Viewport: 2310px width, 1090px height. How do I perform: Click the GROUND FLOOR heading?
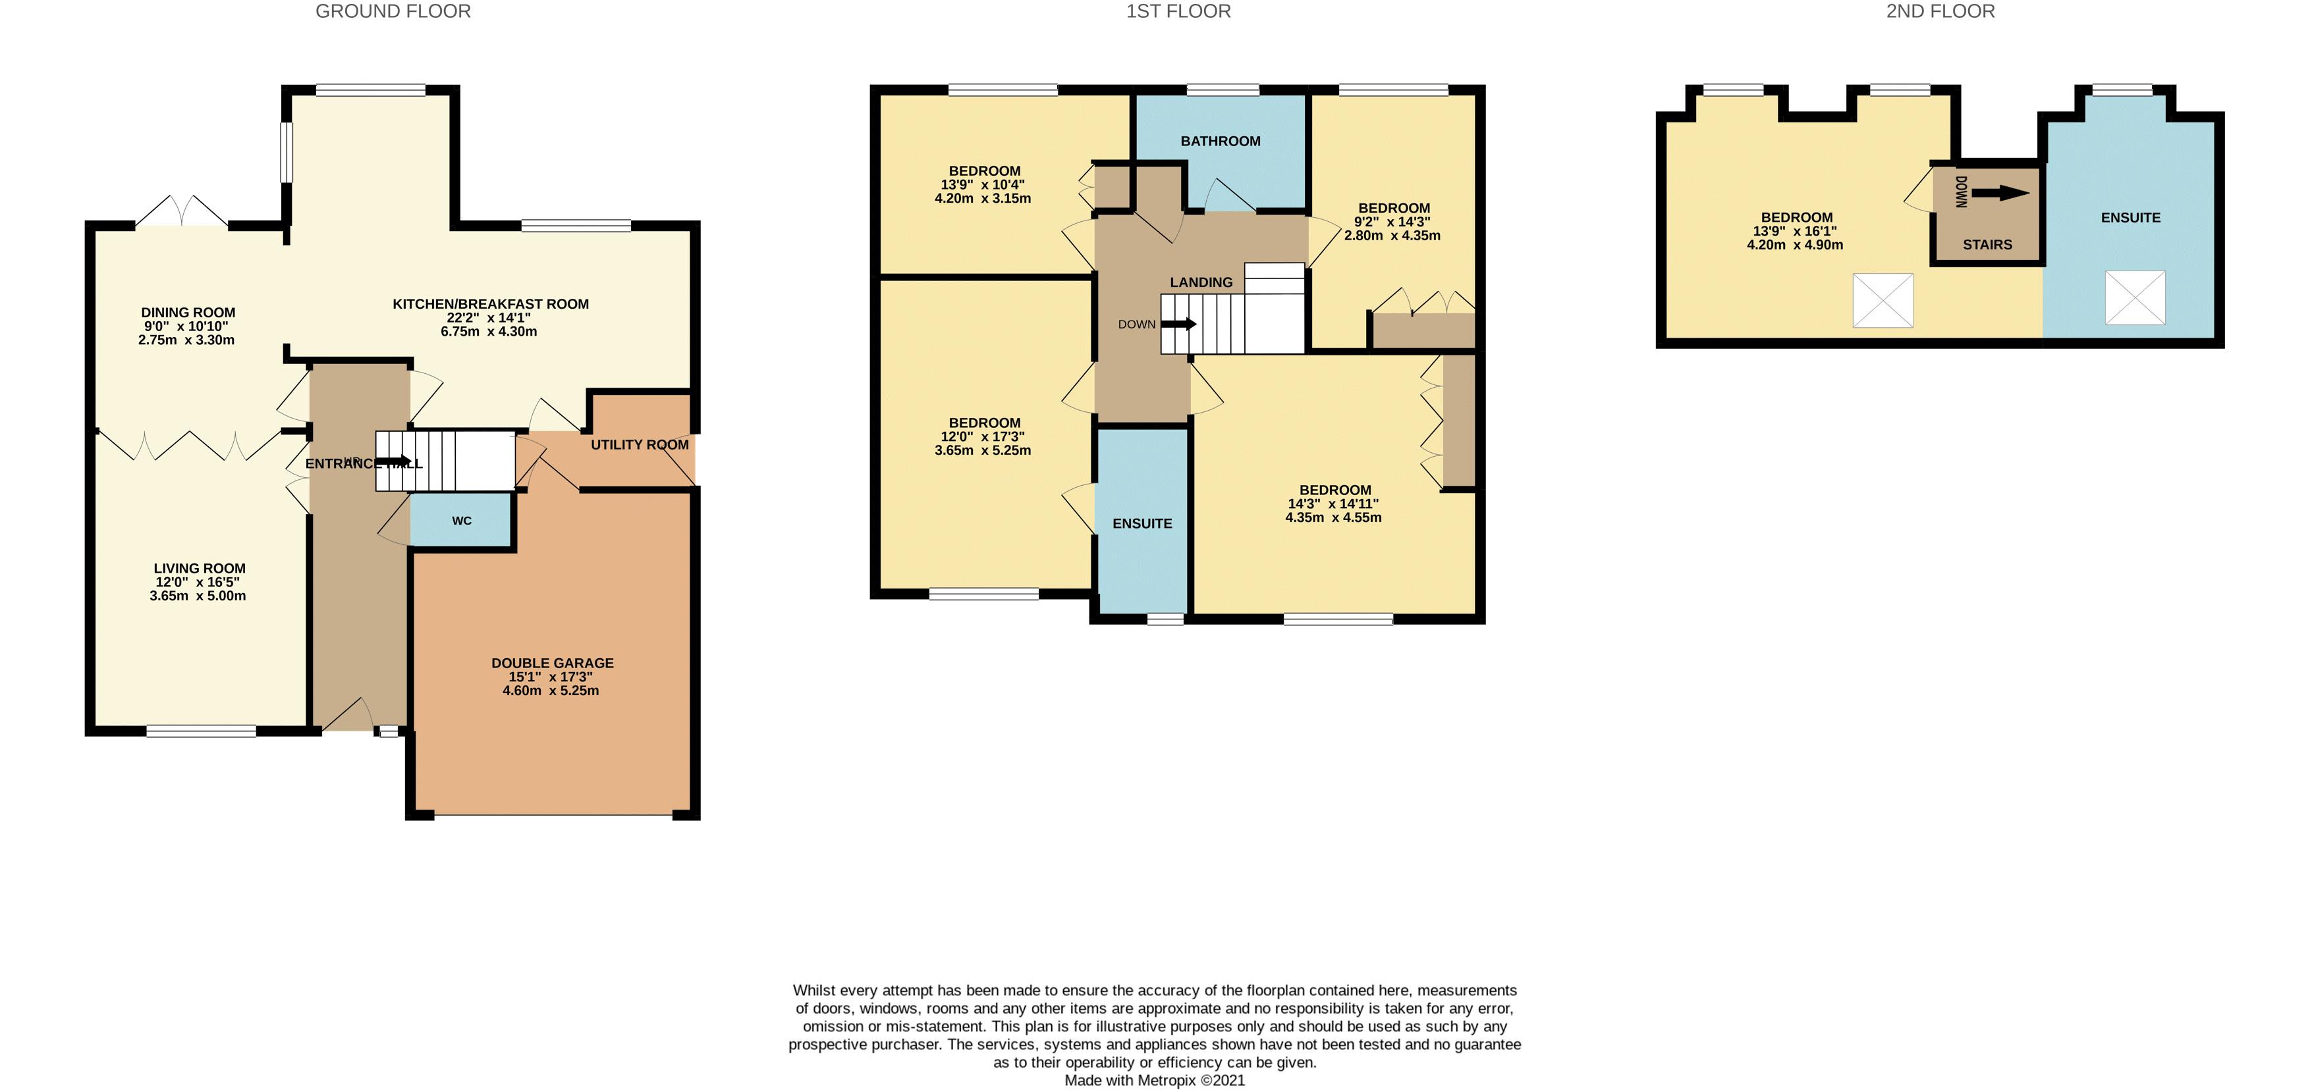[393, 12]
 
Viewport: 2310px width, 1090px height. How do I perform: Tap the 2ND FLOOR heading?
[1940, 12]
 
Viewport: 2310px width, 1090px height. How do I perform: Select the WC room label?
[462, 521]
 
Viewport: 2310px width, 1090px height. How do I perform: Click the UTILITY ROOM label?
[640, 444]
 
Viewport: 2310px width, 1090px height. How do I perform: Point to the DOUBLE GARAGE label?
[553, 663]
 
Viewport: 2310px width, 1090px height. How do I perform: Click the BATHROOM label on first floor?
[1220, 142]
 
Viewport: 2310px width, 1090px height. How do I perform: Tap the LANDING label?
[1201, 282]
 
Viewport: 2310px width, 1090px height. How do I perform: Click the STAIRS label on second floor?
[1987, 245]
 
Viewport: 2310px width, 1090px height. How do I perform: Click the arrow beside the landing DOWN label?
[1179, 324]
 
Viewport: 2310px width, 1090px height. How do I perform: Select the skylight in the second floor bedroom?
[1883, 300]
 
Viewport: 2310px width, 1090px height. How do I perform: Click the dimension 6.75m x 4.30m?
[489, 332]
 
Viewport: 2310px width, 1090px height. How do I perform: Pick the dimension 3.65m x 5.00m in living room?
[198, 596]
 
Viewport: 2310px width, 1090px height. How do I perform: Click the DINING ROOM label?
[188, 313]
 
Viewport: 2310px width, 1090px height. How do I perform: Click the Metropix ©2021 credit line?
[1154, 1080]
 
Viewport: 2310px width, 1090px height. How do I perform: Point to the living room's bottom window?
[201, 731]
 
